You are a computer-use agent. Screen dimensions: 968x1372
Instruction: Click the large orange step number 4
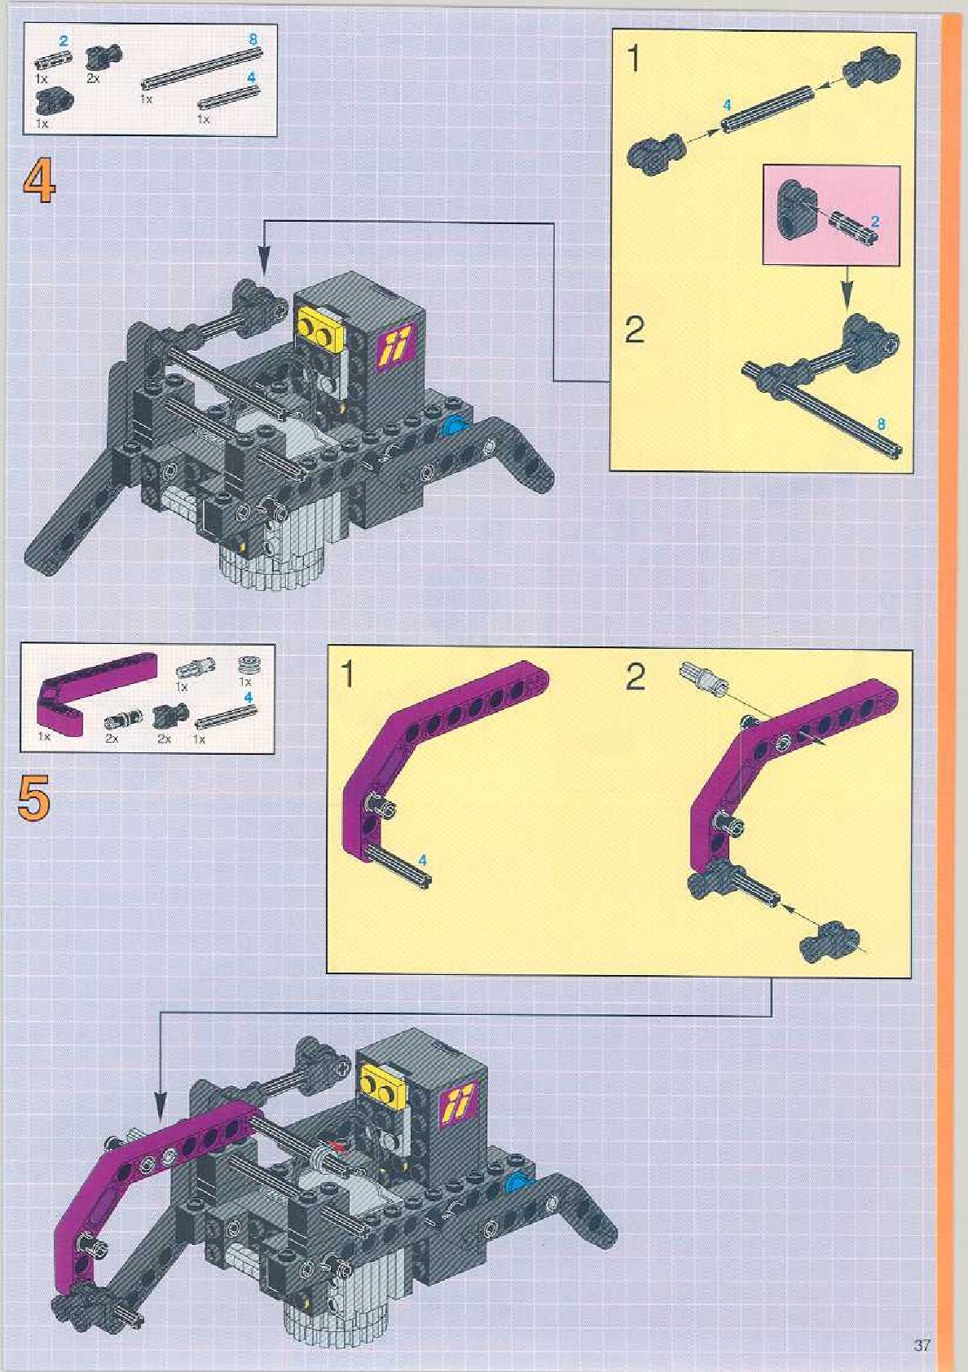coord(39,182)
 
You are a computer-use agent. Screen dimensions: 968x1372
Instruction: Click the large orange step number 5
coord(33,796)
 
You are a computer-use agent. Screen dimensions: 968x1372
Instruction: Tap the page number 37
coord(922,1344)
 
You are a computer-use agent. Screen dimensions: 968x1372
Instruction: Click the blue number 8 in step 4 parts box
coord(253,38)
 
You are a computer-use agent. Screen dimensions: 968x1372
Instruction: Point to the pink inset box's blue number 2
coord(875,221)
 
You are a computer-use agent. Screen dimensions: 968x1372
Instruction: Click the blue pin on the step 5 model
coord(516,1181)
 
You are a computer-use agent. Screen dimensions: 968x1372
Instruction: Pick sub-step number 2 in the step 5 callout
coord(635,677)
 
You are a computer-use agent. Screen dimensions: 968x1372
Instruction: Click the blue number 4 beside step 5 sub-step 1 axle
coord(422,860)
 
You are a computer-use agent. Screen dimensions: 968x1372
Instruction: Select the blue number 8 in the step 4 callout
coord(881,424)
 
